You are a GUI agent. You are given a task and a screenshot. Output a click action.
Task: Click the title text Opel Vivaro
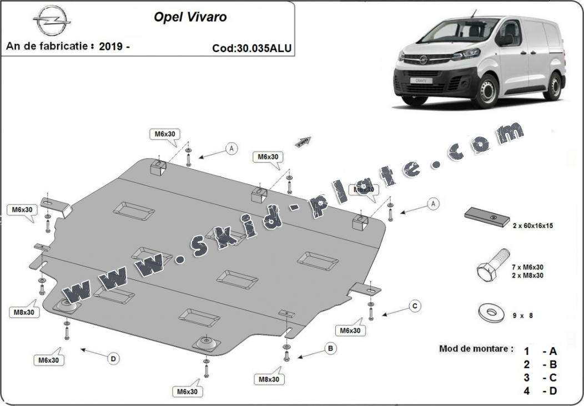point(190,17)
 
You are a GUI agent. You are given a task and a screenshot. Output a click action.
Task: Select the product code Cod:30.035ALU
point(251,48)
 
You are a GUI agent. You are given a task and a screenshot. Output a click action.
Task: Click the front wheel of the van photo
point(487,90)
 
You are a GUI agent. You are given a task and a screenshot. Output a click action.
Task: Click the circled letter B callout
point(330,348)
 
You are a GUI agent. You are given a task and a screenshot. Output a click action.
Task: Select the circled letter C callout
point(413,306)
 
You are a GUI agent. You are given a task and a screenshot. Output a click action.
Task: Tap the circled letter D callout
point(113,359)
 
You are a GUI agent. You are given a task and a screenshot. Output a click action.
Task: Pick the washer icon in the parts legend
point(491,313)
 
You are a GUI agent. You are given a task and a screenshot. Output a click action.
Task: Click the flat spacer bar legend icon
point(487,217)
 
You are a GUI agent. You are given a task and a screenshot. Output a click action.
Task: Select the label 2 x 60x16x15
point(532,226)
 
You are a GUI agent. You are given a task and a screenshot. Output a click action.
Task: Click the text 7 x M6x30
point(528,267)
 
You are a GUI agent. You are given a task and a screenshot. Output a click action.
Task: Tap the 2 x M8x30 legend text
point(528,276)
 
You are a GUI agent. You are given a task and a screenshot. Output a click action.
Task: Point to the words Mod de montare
point(476,349)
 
